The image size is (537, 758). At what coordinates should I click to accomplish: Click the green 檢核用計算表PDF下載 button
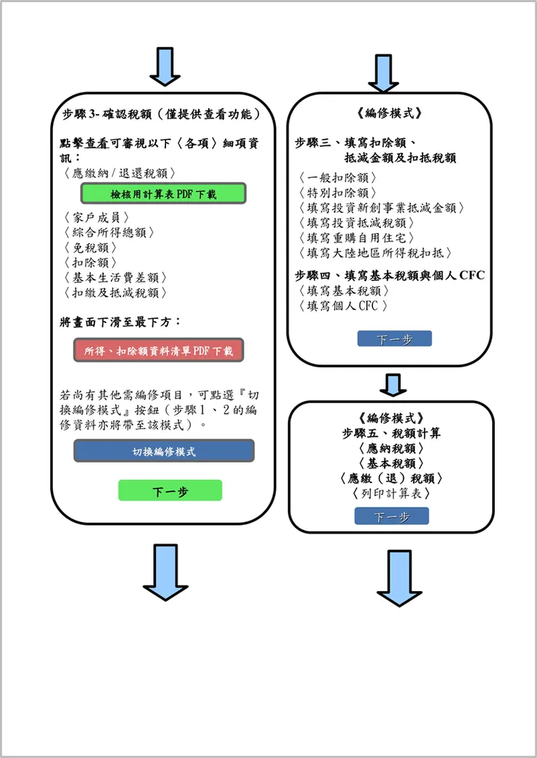coord(163,193)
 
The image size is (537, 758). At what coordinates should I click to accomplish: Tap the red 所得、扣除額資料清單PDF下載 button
coord(158,350)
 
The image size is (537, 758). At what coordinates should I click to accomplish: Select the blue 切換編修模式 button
coord(164,451)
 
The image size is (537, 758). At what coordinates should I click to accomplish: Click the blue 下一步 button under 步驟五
coord(392,516)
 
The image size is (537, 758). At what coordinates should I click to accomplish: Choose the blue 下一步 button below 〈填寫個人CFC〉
coord(395,339)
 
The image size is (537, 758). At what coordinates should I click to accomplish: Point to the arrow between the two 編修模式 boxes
coord(393,385)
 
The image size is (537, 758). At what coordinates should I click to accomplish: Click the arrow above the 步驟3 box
coord(165,68)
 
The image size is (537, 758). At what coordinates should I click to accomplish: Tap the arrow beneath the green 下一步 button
coord(165,572)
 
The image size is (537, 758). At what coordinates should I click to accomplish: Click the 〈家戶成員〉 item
coord(97,217)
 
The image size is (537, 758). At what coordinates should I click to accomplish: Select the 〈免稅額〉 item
coord(91,247)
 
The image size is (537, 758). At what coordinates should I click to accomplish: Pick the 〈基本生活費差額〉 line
coord(115,277)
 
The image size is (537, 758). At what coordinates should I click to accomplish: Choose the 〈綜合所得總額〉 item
coord(110,232)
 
